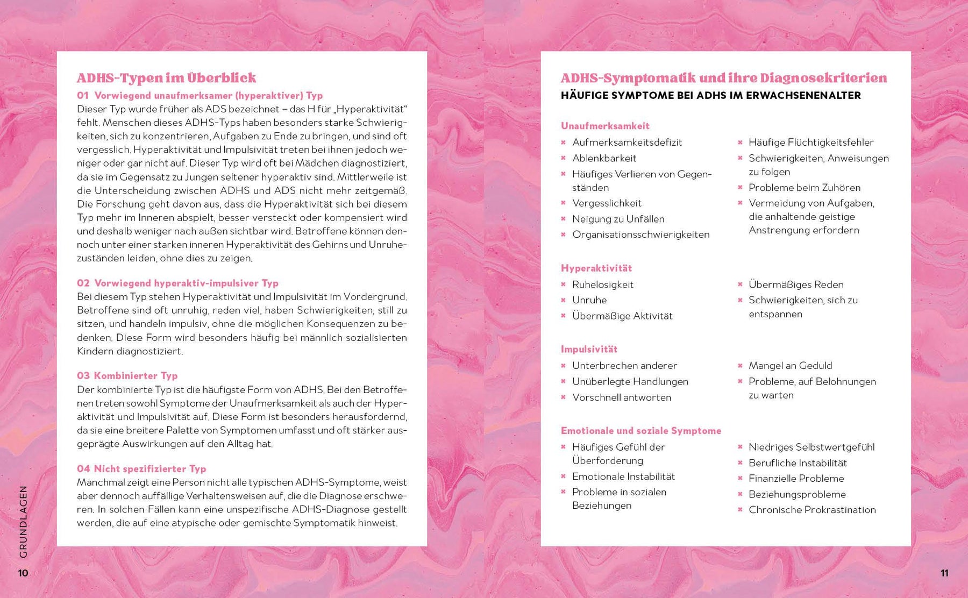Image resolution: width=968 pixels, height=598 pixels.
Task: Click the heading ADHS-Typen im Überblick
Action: coord(166,78)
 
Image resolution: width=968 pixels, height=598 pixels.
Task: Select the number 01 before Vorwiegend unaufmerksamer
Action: coord(82,96)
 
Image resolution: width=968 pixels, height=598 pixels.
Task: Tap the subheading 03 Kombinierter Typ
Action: coord(127,375)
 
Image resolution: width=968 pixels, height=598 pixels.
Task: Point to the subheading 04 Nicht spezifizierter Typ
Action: coord(141,468)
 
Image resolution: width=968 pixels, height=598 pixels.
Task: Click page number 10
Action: coord(23,573)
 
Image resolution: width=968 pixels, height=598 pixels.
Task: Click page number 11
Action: coord(944,573)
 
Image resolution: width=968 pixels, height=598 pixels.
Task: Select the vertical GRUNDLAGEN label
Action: coord(23,521)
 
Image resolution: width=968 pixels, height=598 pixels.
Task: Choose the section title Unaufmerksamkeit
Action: coord(605,126)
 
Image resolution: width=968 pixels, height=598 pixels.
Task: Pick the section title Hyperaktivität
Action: coord(596,268)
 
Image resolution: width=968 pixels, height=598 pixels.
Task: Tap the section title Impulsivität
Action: coord(589,349)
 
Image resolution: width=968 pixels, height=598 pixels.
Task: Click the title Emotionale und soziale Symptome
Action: coord(640,430)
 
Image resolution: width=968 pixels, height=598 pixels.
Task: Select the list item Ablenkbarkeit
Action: coord(604,158)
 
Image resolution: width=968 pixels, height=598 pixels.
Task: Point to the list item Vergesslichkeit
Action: coord(607,203)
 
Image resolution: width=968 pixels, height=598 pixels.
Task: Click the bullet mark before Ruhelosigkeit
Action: coord(563,284)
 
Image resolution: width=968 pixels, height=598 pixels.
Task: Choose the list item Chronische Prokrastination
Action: coord(812,509)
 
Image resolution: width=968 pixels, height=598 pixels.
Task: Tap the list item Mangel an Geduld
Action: coord(790,365)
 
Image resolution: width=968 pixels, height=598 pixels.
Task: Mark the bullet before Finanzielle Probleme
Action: coord(740,478)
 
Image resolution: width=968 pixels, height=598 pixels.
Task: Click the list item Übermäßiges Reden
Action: coord(796,284)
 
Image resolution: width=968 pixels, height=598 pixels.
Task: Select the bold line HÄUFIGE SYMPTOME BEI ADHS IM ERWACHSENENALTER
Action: coord(710,96)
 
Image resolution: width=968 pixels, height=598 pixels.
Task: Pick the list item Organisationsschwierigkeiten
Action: coord(640,234)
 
